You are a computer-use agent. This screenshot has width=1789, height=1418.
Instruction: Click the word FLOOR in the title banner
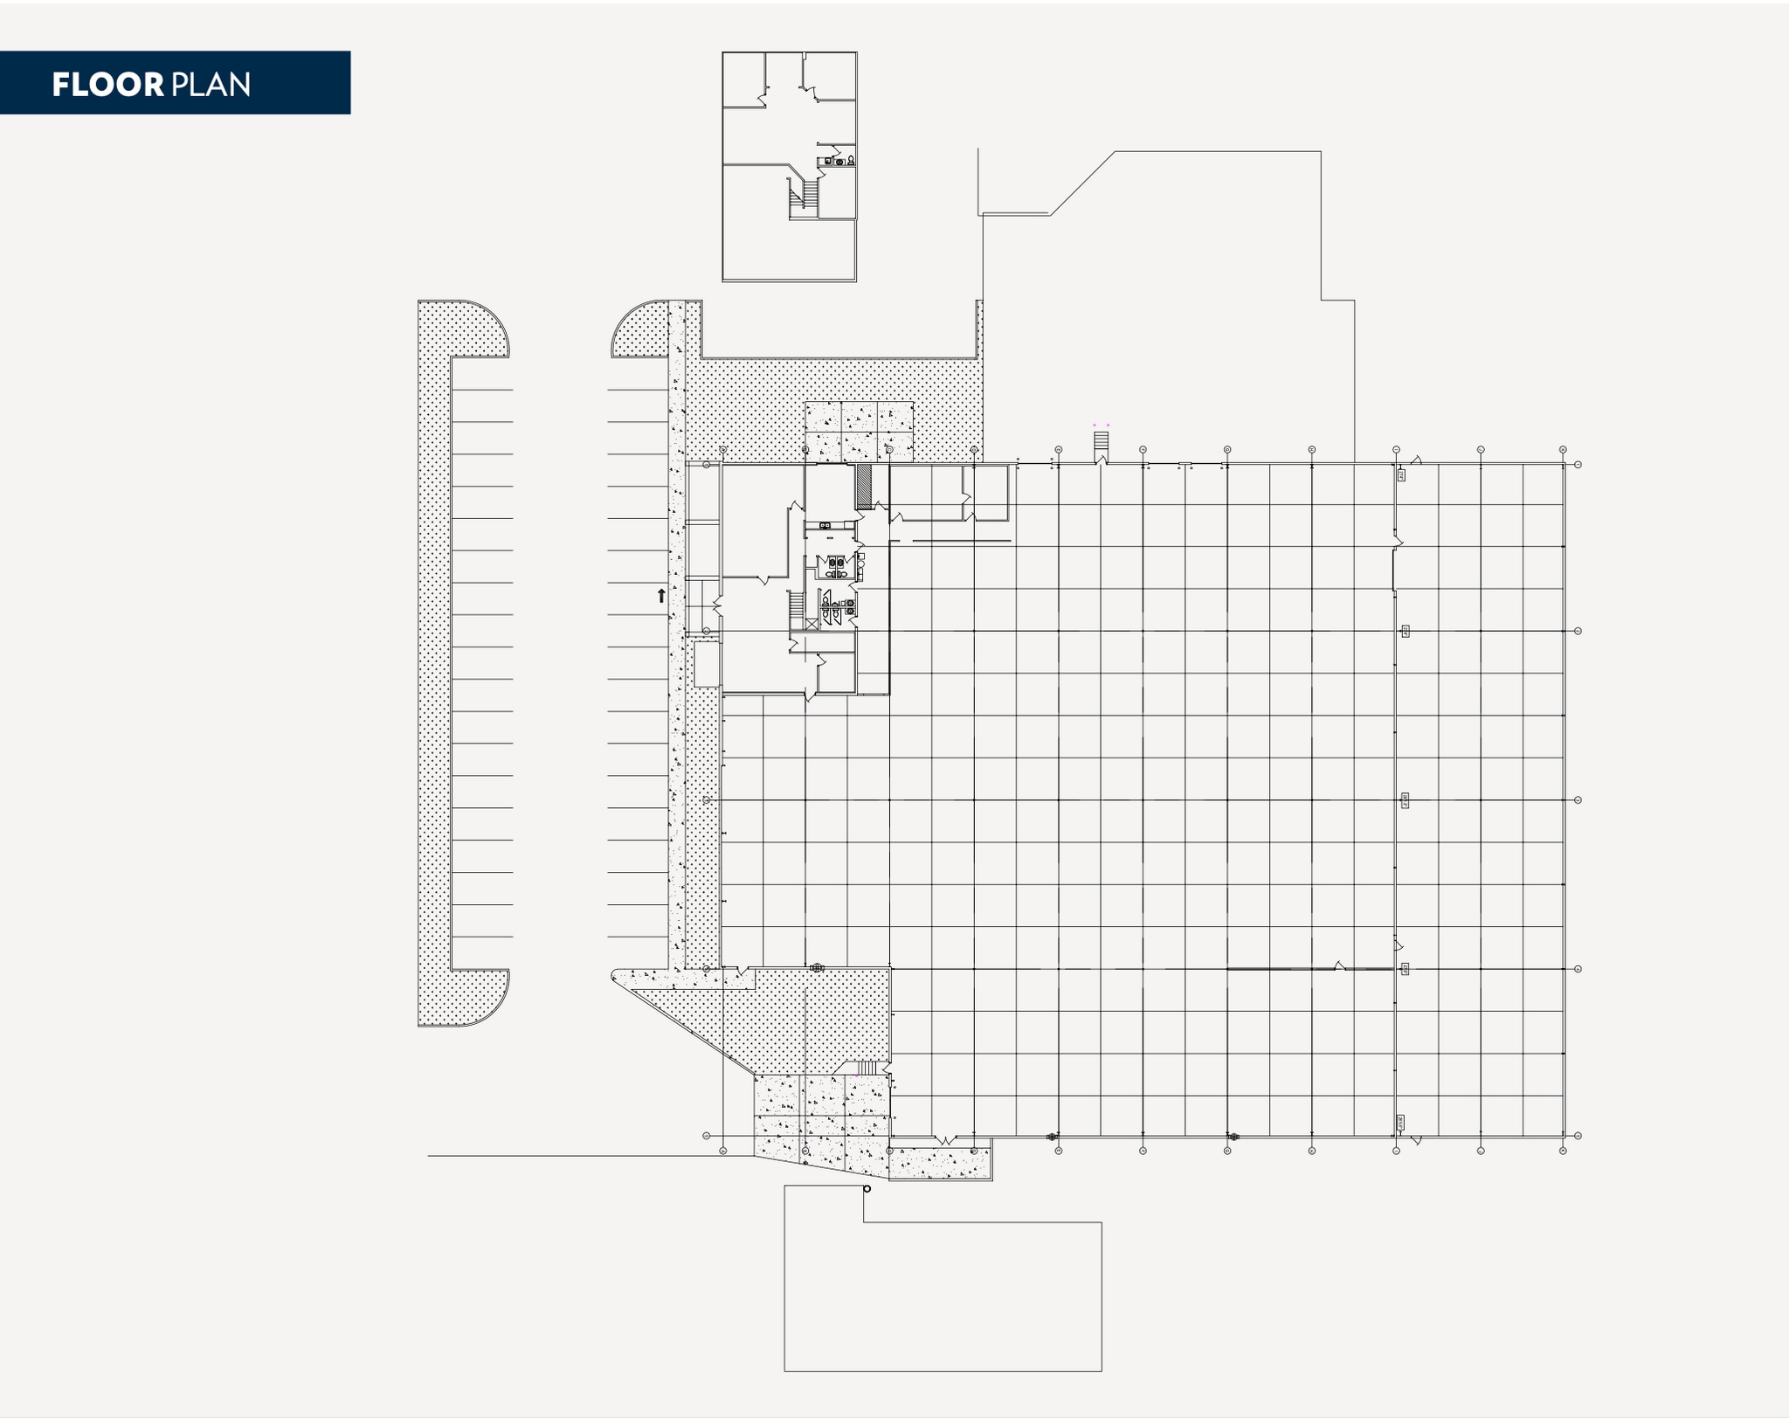107,85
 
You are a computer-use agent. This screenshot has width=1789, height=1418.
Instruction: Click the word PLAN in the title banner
211,85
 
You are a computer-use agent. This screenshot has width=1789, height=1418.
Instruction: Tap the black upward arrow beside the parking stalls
661,596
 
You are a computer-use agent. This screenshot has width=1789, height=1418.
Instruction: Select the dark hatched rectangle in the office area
864,487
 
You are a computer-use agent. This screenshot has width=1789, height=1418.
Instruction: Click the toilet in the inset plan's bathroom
850,161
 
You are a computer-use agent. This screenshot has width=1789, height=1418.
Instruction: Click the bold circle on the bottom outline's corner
867,1188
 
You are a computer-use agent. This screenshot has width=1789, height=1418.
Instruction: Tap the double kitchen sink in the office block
825,525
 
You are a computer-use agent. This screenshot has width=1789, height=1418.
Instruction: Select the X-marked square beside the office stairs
812,624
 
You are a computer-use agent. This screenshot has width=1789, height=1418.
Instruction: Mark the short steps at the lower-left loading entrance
866,1068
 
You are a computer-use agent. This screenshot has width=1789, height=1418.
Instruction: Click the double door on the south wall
945,1140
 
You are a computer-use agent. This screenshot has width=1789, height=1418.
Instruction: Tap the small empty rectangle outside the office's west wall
707,664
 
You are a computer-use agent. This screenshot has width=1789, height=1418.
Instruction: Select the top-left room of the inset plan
743,80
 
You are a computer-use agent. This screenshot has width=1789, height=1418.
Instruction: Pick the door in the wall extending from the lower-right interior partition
1339,965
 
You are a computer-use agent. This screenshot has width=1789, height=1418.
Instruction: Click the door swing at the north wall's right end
1415,460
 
